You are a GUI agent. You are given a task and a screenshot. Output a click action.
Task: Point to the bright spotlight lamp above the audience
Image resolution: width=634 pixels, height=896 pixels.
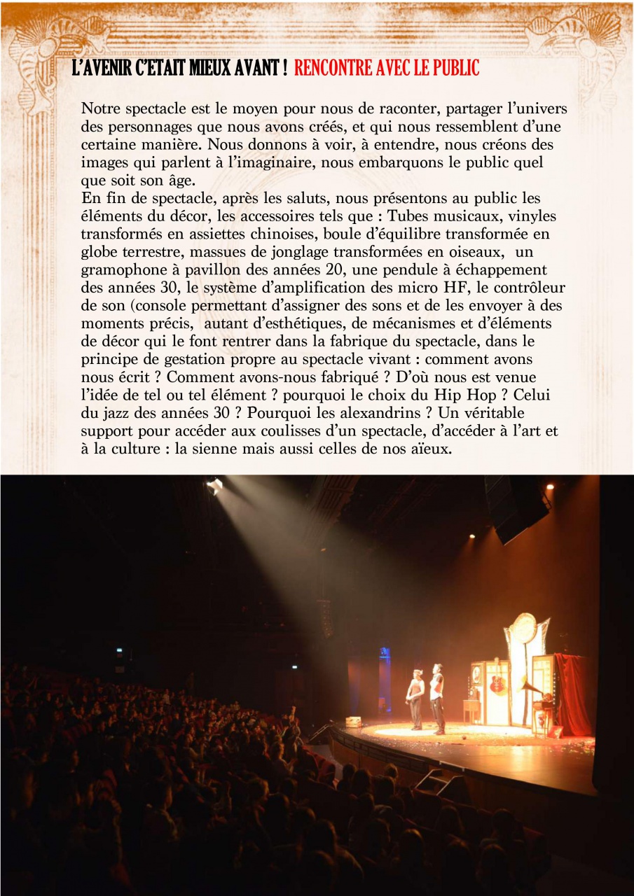point(214,484)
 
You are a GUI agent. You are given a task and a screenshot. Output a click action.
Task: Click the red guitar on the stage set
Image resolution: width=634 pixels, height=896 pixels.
point(497,682)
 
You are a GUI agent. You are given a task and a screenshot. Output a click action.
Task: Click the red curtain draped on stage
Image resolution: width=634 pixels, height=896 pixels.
point(572,693)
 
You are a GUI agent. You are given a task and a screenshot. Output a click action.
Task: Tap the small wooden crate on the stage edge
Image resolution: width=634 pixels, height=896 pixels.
point(352,722)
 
